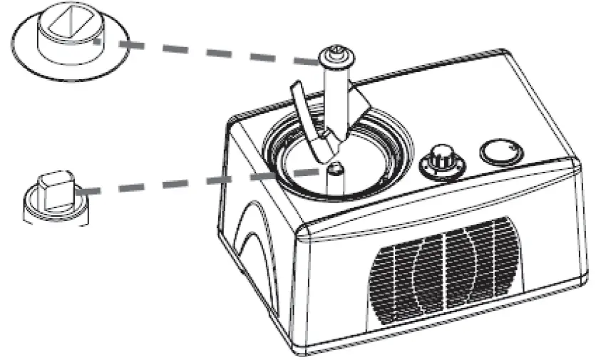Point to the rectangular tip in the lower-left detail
pyautogui.click(x=55, y=187)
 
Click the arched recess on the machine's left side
pyautogui.click(x=250, y=235)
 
